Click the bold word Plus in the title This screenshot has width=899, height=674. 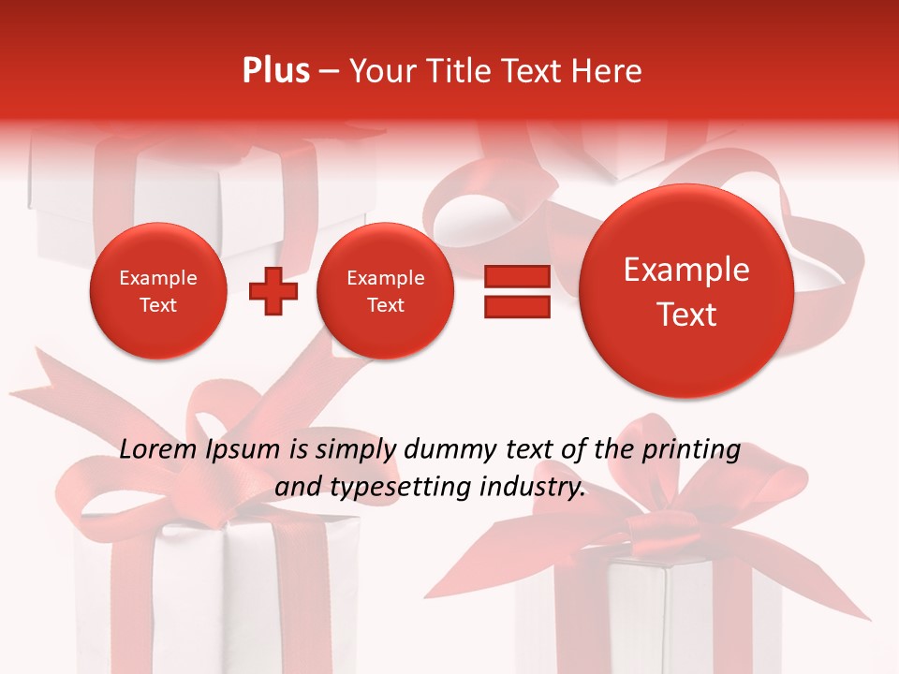pos(275,71)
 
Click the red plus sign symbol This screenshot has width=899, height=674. pos(273,291)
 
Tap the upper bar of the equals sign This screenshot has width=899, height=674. pos(517,276)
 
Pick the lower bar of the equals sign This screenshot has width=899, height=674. pos(517,307)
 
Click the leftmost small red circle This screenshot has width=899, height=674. pos(157,291)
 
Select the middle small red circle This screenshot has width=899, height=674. pos(385,291)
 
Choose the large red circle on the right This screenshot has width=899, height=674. pos(686,291)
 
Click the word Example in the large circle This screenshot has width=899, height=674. pos(686,270)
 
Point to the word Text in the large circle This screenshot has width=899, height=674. pos(686,315)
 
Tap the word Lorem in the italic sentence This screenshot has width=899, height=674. pos(158,450)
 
